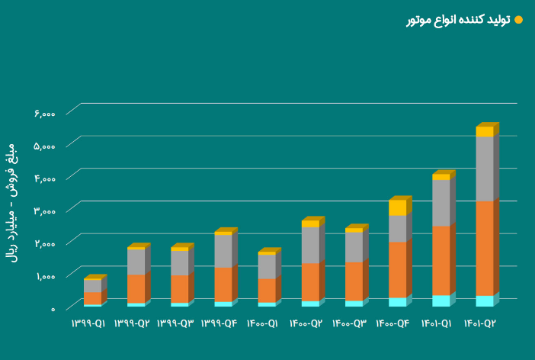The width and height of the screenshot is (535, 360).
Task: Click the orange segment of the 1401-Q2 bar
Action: point(484,247)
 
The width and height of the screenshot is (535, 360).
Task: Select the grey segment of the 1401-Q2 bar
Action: point(484,169)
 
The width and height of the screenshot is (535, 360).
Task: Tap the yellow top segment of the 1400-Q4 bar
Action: point(397,207)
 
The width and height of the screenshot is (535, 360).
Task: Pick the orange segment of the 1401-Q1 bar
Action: point(440,260)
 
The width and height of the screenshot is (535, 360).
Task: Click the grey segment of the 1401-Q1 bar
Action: point(440,203)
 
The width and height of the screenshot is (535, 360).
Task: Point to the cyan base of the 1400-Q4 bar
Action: point(397,302)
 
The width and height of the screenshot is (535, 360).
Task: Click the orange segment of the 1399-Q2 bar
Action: point(136,288)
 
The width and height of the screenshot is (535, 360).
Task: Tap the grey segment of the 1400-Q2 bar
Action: point(310,245)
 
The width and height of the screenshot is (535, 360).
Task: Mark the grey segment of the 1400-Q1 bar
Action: point(267,266)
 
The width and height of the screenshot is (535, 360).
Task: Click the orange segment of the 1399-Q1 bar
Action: point(92,298)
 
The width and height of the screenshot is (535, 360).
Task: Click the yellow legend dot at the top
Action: point(519,20)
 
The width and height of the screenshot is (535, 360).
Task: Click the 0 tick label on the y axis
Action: point(53,309)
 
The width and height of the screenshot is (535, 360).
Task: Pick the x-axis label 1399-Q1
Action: point(88,323)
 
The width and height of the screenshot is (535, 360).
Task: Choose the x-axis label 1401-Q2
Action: point(480,323)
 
